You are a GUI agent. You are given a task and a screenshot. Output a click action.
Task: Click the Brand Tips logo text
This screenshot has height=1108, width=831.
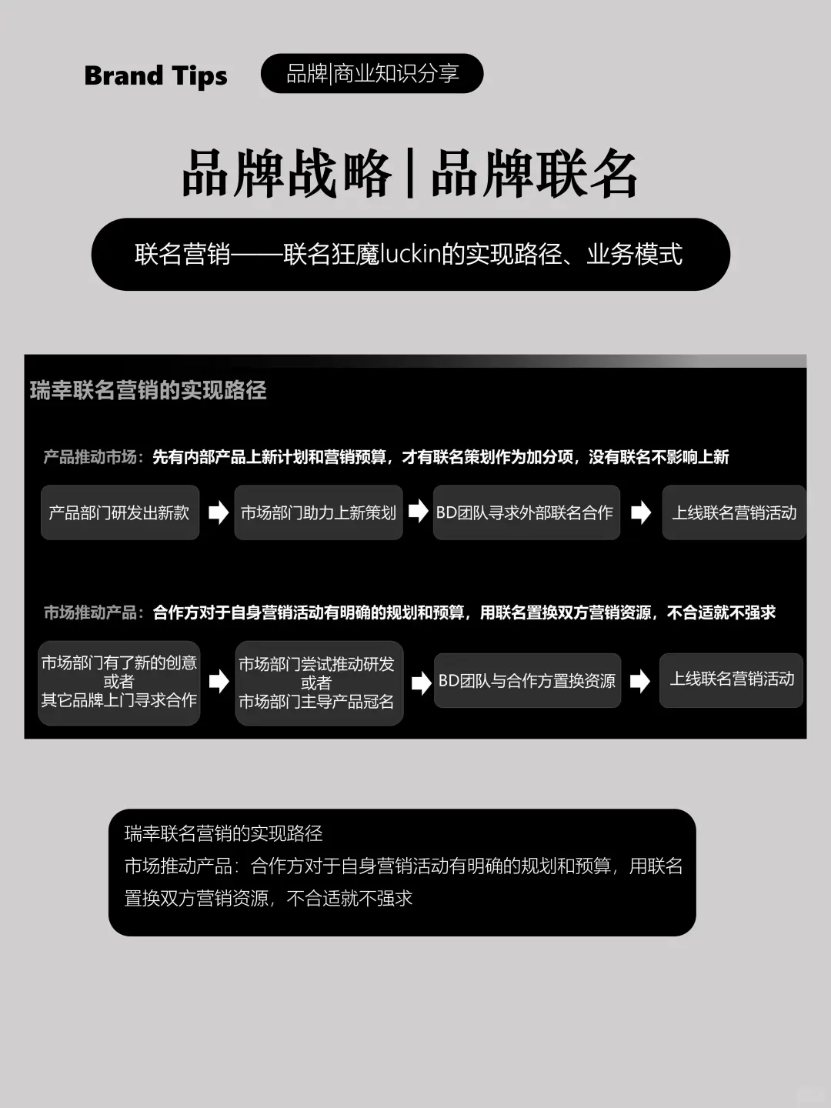coord(155,75)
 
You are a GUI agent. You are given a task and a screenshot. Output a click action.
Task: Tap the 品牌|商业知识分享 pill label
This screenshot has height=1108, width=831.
coord(372,74)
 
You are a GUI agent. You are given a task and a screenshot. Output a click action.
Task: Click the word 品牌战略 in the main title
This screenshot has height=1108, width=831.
coord(286,174)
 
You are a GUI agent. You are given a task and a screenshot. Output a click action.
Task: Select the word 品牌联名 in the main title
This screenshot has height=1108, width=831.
coord(535,174)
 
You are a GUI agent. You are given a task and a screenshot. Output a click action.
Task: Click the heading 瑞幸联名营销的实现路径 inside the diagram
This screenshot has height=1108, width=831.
coord(149,391)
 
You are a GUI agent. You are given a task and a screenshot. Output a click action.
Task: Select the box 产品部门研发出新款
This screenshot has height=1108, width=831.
coord(119,512)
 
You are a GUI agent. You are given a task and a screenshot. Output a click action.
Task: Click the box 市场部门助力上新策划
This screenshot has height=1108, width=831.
coord(319,512)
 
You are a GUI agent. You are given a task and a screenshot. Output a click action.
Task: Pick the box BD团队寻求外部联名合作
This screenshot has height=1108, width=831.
coord(526,512)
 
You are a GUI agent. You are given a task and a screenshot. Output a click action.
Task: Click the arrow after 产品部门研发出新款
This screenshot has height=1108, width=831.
coord(219,512)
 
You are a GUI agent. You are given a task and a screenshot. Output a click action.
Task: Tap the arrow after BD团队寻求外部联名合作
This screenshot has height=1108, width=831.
coord(640,512)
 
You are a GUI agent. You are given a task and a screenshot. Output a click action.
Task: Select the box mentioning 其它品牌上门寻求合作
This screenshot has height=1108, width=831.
coord(119,682)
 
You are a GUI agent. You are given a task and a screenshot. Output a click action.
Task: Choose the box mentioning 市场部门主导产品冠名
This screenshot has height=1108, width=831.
coord(319,683)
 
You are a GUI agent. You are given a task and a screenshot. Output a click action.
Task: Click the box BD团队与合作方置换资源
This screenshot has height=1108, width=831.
coord(527,681)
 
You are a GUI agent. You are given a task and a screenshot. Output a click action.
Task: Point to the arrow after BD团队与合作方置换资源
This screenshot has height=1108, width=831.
coord(639,681)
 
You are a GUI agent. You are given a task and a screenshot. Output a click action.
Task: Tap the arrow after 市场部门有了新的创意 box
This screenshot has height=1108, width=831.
coord(219,681)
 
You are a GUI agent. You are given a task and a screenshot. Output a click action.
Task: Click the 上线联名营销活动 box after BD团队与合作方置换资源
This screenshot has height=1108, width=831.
coord(732,679)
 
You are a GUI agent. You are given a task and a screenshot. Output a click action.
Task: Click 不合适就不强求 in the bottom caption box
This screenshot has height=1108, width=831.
coord(350,898)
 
